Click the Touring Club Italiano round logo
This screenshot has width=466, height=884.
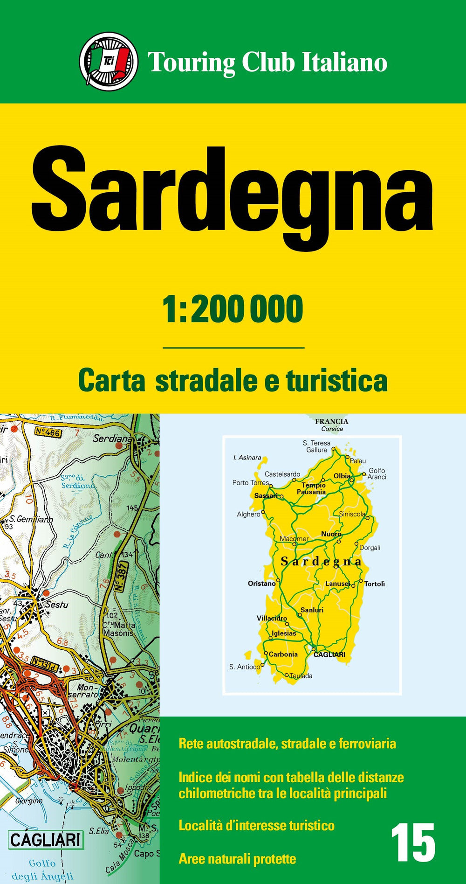point(109,61)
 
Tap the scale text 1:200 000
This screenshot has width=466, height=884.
point(233,309)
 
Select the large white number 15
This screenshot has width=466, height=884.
point(413,842)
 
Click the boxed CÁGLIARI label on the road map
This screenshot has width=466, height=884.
point(46,840)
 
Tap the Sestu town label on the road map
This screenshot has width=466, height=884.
point(56,605)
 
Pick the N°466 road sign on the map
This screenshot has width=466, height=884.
point(48,432)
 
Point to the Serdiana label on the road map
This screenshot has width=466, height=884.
point(112,439)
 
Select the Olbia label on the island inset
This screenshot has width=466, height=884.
point(342,476)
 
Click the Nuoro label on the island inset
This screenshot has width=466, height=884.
point(331,534)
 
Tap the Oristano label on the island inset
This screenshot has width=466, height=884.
point(261,583)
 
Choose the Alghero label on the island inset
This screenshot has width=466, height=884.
point(248,514)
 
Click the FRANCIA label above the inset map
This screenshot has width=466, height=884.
point(331,421)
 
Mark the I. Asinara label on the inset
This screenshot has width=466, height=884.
point(247,458)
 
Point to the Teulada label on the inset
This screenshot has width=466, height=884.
point(301,675)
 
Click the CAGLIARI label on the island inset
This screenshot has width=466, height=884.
point(329,654)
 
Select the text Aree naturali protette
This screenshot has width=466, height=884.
point(237,859)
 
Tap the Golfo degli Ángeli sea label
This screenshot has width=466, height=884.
point(42,869)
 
